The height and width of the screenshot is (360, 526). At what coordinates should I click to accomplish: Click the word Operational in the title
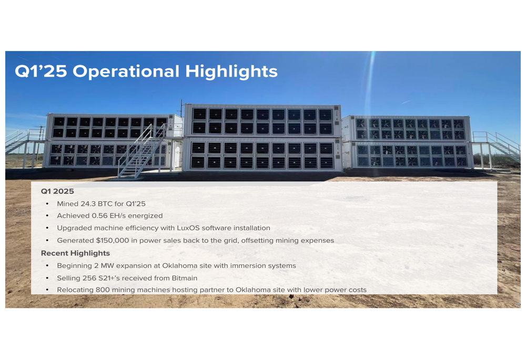click(126, 71)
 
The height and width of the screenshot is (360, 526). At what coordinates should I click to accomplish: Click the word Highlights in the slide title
click(231, 71)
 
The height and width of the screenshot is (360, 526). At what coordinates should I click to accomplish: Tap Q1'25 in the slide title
click(41, 71)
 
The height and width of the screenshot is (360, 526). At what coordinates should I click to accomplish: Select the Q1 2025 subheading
click(57, 191)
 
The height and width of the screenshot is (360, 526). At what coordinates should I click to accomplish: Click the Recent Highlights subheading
click(75, 253)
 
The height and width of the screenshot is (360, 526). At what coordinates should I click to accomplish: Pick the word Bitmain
click(185, 278)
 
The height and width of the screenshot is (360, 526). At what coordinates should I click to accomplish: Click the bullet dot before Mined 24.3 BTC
click(47, 204)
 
